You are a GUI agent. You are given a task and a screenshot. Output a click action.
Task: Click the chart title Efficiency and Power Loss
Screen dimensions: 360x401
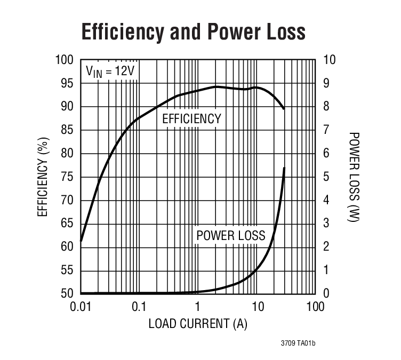click(x=194, y=32)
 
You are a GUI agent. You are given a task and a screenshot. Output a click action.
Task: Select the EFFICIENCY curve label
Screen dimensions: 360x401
click(x=191, y=119)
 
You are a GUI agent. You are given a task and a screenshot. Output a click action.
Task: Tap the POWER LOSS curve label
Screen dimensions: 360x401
click(x=230, y=235)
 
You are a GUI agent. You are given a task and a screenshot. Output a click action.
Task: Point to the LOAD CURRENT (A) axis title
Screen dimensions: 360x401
click(x=198, y=324)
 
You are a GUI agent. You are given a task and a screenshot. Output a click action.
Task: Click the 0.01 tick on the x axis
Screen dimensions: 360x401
click(x=81, y=307)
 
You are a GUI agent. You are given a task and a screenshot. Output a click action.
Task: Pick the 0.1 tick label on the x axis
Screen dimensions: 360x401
click(x=139, y=307)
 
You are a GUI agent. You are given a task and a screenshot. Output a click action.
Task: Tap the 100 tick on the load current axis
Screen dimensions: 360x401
click(x=315, y=307)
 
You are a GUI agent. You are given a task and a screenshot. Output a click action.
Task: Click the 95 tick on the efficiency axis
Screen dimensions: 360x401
click(x=67, y=83)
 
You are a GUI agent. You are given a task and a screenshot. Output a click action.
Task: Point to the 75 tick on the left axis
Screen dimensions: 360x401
click(x=67, y=177)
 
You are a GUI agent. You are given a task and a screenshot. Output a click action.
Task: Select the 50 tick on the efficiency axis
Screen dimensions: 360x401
click(x=67, y=294)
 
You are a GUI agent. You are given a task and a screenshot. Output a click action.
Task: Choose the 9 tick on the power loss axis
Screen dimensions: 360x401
click(x=326, y=83)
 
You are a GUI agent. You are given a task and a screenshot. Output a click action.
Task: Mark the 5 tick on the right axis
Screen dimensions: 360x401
click(x=326, y=177)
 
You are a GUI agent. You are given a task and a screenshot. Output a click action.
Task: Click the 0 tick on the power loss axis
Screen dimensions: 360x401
click(x=326, y=294)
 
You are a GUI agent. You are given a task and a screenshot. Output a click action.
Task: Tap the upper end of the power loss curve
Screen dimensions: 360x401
click(x=284, y=168)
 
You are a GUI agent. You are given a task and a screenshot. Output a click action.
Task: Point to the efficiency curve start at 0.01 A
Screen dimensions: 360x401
click(x=81, y=241)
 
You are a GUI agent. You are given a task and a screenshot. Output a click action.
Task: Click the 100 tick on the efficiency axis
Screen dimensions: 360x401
click(x=65, y=60)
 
